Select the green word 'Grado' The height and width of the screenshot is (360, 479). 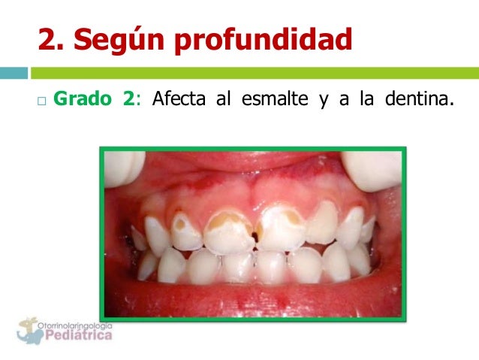coord(83,101)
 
